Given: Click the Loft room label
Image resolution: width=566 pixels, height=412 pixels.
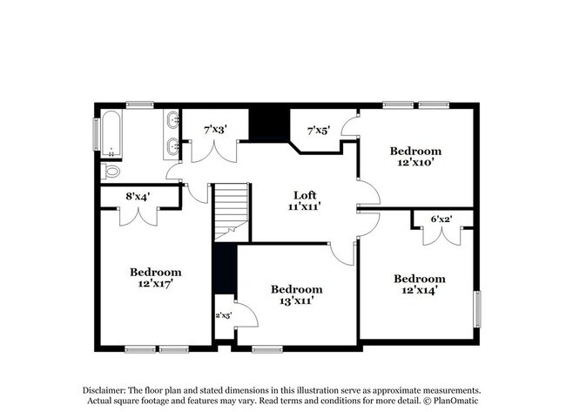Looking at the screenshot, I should pos(303,195).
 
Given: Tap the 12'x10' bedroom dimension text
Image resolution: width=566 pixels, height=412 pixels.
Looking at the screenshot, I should pos(414,161).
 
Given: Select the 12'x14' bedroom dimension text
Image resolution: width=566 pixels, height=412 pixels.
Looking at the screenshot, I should pos(419,290).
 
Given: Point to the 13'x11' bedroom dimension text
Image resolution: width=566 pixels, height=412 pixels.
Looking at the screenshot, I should pos(296,301).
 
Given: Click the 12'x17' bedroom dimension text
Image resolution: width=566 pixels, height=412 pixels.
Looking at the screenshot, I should pos(156,283).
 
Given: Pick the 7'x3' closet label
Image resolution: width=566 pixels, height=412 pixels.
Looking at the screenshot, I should pos(215,129).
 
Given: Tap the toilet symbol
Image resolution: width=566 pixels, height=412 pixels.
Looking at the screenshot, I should pos(110,171).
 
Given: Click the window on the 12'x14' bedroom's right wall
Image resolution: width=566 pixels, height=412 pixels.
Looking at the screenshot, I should pos(476,309).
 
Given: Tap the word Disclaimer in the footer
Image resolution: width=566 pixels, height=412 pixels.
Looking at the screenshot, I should pos(104,391).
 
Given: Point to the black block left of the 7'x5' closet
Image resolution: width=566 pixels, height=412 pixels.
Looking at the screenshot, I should pos(268,124).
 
